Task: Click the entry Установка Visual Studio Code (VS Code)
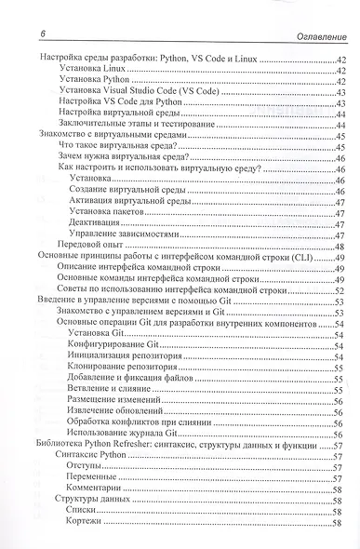[x=139, y=94]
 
